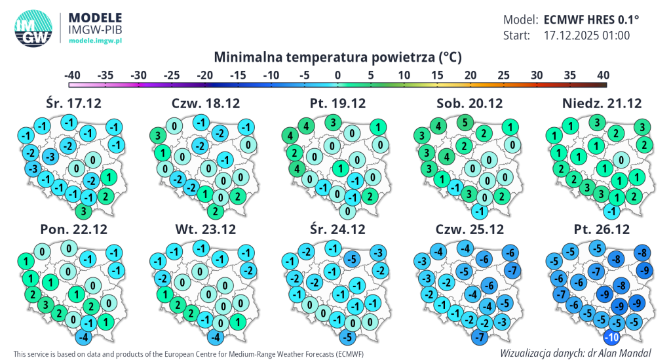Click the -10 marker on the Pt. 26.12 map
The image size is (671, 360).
611,338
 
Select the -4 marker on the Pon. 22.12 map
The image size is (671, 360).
83,338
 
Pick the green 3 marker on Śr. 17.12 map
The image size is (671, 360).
83,211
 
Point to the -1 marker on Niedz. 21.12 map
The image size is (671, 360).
611,211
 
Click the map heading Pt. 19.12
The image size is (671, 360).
337,103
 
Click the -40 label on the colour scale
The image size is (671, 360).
73,75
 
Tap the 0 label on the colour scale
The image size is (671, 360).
337,75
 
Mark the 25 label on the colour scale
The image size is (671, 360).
503,75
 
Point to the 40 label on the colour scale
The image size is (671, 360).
603,75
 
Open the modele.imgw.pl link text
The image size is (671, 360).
96,41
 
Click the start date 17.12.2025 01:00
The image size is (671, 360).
586,35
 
